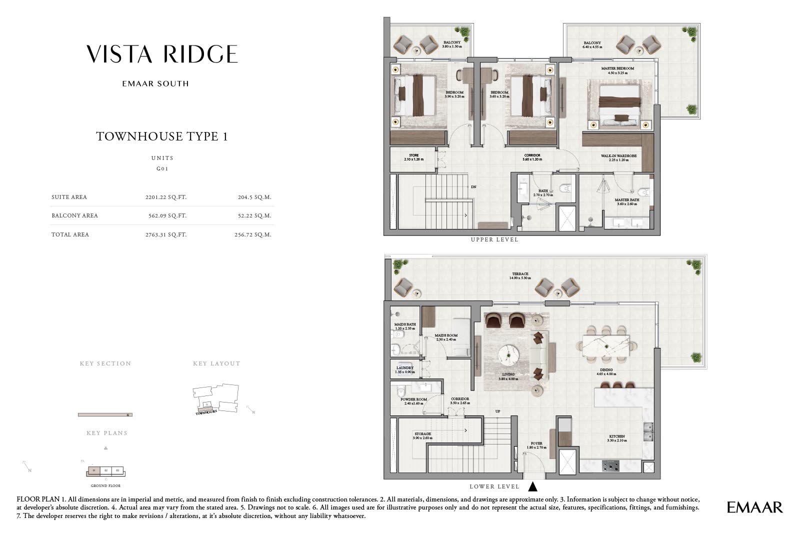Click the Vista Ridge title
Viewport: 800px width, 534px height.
[x=162, y=54]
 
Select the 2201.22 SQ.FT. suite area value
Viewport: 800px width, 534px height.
[x=165, y=197]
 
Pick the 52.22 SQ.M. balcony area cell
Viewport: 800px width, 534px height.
[x=254, y=215]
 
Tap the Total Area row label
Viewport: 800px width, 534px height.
[x=70, y=234]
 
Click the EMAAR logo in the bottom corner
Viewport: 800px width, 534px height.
[x=754, y=507]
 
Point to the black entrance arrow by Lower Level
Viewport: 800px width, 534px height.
[x=532, y=486]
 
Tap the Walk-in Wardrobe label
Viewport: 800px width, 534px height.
[x=618, y=156]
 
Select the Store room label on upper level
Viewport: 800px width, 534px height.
[x=413, y=155]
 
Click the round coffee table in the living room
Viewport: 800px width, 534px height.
[x=508, y=354]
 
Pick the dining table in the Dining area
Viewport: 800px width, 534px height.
[x=605, y=345]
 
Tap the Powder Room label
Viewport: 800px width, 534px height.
[x=413, y=399]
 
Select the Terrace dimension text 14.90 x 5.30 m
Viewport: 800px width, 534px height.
[x=519, y=278]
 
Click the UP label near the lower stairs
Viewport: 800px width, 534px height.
[x=497, y=411]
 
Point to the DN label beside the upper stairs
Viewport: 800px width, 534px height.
[x=473, y=187]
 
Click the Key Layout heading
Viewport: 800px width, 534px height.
[x=216, y=363]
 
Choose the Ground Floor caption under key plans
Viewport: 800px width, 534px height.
[x=105, y=485]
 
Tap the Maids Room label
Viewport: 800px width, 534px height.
[x=446, y=335]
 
